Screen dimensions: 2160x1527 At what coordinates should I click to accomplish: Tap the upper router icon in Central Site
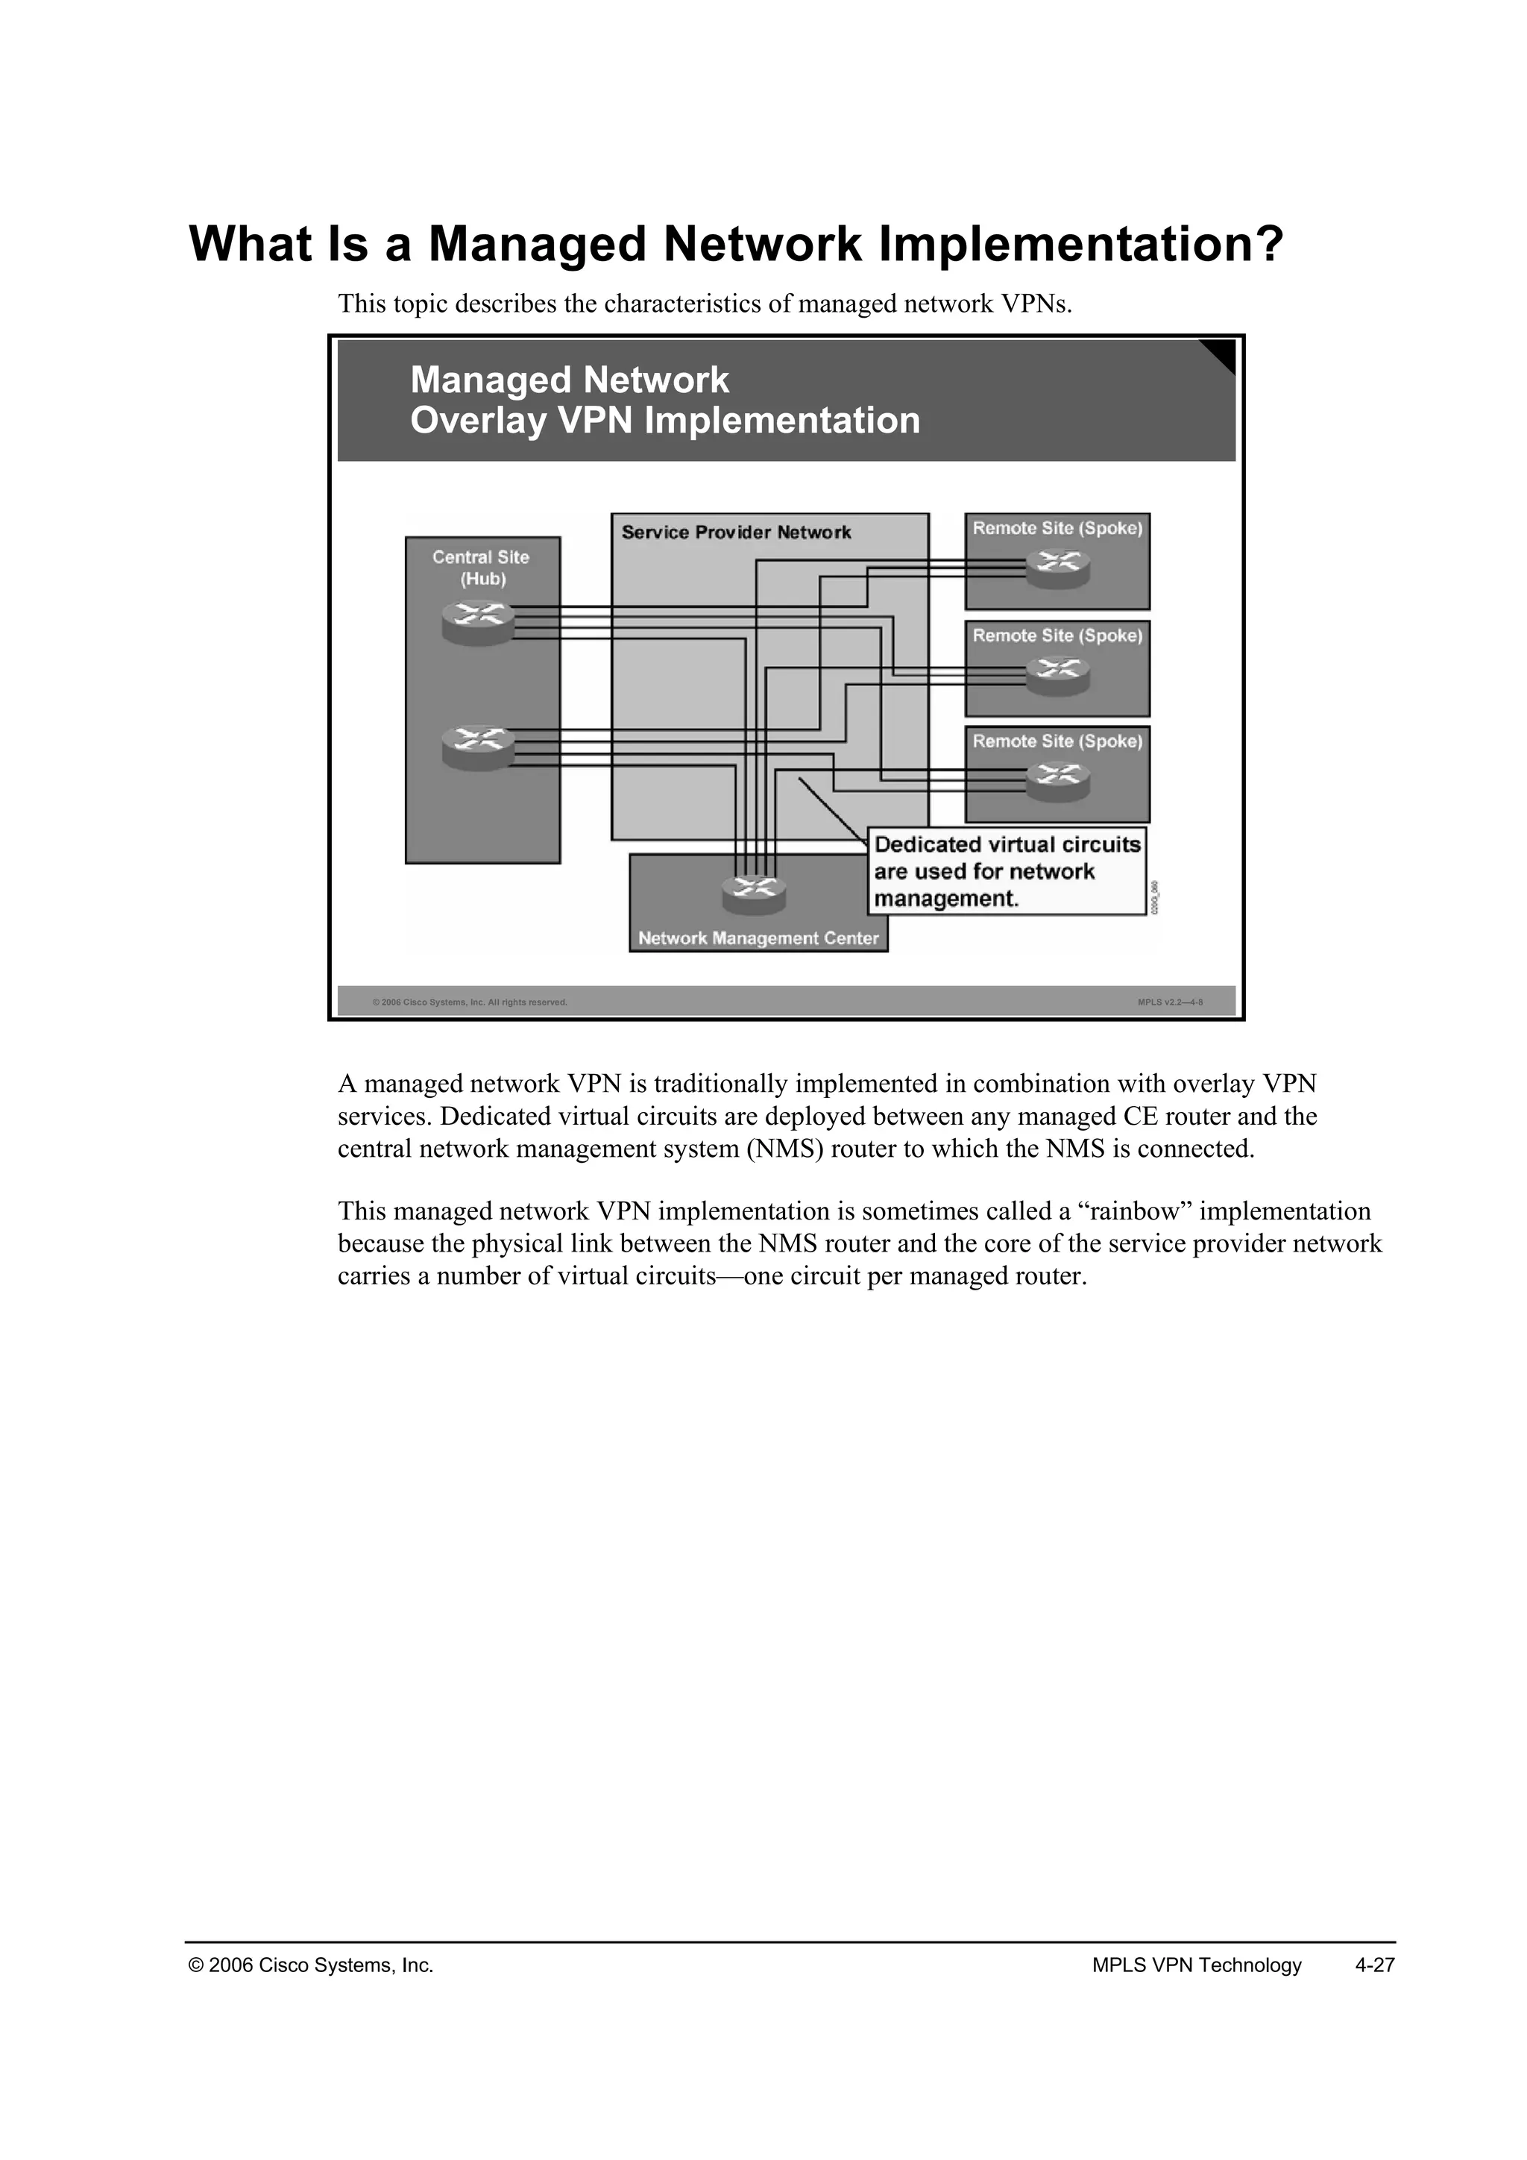[x=479, y=622]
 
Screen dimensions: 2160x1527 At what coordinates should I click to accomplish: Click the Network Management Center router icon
[x=754, y=893]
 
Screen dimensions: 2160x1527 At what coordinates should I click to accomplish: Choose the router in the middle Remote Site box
[x=1058, y=674]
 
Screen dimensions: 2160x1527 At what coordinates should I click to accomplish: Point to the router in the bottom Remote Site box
[x=1058, y=780]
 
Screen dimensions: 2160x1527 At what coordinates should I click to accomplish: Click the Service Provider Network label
[x=736, y=533]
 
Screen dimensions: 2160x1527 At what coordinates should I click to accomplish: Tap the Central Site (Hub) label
[x=482, y=568]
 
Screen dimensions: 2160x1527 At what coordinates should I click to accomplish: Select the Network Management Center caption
[x=758, y=938]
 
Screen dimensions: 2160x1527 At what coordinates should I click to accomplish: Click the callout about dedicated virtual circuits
[x=1006, y=871]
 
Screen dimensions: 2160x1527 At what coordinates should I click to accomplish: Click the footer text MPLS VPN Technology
[x=1196, y=1965]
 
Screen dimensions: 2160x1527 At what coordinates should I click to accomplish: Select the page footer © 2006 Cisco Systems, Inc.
[x=311, y=1965]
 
